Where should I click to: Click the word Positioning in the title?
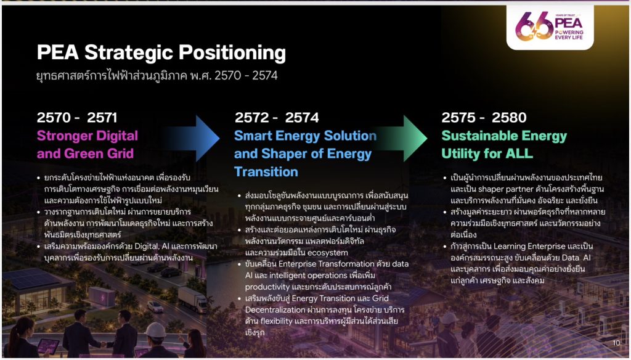(x=232, y=53)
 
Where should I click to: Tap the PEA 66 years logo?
(x=550, y=27)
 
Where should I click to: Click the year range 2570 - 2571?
(x=77, y=118)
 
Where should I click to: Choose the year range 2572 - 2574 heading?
(x=277, y=118)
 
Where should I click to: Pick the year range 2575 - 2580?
(x=484, y=118)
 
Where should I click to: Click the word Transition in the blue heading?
(x=266, y=172)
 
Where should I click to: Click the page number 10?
(x=616, y=343)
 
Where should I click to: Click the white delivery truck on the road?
(x=192, y=300)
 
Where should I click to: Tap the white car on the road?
(x=155, y=306)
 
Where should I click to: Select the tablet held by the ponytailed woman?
(x=48, y=346)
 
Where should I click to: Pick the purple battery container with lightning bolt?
(x=102, y=297)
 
